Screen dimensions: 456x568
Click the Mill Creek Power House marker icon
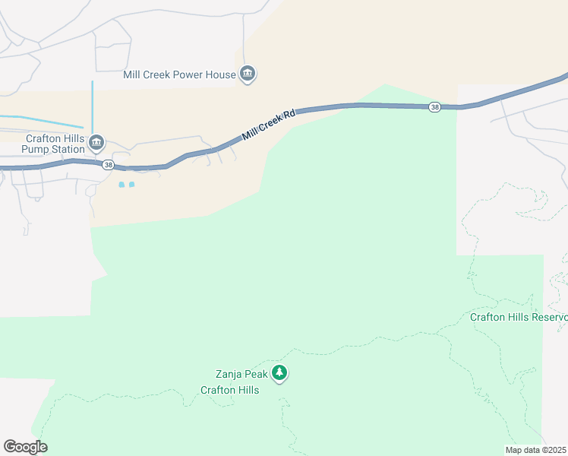pyautogui.click(x=248, y=74)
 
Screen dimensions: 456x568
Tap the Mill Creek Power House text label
pyautogui.click(x=180, y=74)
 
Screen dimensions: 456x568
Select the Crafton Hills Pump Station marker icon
pyautogui.click(x=96, y=142)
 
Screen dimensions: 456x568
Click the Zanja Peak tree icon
pyautogui.click(x=280, y=373)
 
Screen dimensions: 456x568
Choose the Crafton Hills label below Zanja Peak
pyautogui.click(x=230, y=390)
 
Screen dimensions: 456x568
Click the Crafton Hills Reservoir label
pyautogui.click(x=519, y=317)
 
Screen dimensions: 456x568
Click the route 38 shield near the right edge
pyautogui.click(x=434, y=107)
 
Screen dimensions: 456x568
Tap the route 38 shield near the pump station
pyautogui.click(x=109, y=165)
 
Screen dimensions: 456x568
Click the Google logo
pyautogui.click(x=25, y=447)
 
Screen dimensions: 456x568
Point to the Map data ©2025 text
pyautogui.click(x=536, y=450)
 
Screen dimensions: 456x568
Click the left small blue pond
pyautogui.click(x=121, y=185)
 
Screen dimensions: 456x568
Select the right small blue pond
pyautogui.click(x=132, y=185)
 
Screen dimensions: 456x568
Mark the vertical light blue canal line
pyautogui.click(x=92, y=106)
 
